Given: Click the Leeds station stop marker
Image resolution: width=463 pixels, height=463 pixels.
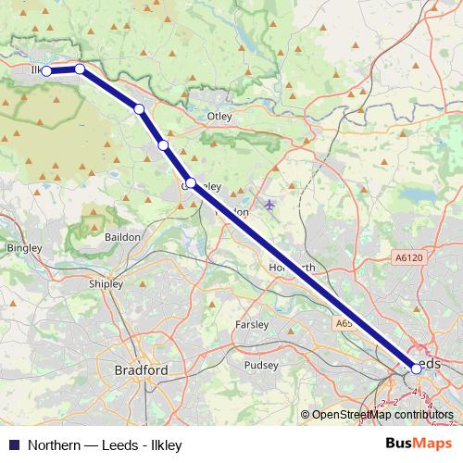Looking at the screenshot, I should (417, 369).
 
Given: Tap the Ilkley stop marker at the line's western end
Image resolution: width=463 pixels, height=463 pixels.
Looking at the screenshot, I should (45, 70).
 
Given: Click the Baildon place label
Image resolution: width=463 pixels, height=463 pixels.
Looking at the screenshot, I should (122, 237).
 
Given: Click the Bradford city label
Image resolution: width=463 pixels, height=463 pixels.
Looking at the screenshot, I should (141, 370).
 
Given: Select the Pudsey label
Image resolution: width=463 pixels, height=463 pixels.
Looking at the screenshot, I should (260, 365).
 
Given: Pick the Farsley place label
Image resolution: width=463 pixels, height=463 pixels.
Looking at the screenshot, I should (251, 325).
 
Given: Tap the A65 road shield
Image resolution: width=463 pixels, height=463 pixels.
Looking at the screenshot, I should (344, 324).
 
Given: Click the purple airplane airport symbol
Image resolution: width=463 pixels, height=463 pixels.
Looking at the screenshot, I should (269, 204).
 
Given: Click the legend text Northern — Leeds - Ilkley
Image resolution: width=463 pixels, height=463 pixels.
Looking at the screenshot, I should (104, 444).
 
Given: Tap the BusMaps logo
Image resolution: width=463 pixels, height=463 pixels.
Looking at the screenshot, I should (418, 444).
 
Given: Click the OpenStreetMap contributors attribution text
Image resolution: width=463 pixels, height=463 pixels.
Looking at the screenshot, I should (382, 415).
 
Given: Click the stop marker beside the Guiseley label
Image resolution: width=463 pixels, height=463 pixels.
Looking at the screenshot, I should (190, 183).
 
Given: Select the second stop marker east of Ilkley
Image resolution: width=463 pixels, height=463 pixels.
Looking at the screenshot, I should (139, 109).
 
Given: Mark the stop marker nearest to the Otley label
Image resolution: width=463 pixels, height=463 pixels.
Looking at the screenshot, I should (139, 109).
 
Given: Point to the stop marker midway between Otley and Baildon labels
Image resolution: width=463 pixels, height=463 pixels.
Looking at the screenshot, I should (163, 144).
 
